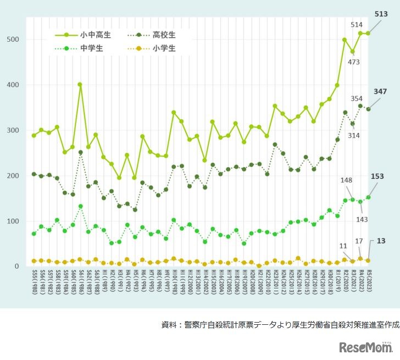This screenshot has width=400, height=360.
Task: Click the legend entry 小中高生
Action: (x=95, y=35)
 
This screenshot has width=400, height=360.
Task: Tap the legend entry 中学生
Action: (x=91, y=48)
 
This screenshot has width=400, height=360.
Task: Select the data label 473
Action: (x=354, y=62)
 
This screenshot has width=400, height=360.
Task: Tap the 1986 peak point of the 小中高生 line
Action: (x=80, y=85)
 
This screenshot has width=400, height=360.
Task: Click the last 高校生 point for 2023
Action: (x=368, y=109)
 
